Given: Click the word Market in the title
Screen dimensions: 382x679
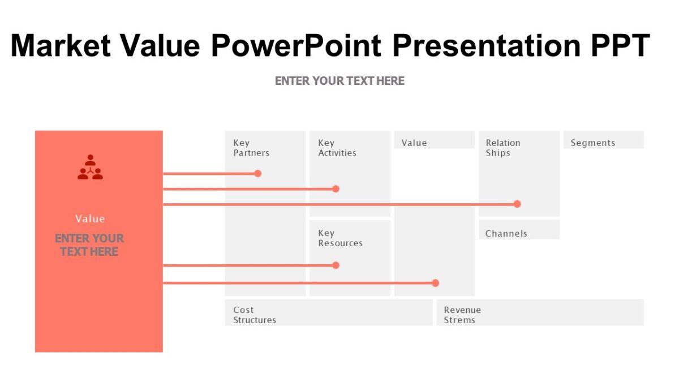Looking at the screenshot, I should tap(61, 45).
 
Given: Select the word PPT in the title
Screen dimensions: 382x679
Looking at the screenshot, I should tap(620, 45).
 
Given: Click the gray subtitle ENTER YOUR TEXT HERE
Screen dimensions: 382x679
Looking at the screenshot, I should tap(339, 81).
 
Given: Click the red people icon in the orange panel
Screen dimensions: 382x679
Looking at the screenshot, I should tap(90, 168).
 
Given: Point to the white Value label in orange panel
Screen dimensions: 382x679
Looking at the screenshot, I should tap(90, 218).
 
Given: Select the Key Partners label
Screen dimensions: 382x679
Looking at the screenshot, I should tap(251, 148).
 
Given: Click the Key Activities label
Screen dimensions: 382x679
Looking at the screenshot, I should tap(337, 148).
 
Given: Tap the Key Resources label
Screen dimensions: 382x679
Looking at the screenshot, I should tap(340, 238).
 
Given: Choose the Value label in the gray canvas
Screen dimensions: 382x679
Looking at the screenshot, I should tap(414, 143).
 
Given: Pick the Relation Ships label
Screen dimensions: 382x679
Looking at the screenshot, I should tap(502, 148).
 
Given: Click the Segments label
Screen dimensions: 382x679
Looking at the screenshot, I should tap(592, 143).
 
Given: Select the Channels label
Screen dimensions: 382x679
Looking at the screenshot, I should tap(506, 233).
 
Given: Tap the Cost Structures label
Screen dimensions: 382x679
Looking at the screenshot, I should tap(255, 315).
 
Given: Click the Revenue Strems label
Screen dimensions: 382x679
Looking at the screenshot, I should tap(462, 315).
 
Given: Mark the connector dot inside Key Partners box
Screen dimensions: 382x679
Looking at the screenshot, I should tap(257, 173).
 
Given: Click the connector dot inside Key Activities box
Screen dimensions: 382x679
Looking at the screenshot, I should tap(336, 188).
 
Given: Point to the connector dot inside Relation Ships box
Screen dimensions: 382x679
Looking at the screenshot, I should tap(517, 204).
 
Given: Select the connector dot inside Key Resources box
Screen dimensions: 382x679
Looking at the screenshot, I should tap(336, 265).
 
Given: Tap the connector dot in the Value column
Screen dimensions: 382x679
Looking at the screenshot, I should tap(435, 283).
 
